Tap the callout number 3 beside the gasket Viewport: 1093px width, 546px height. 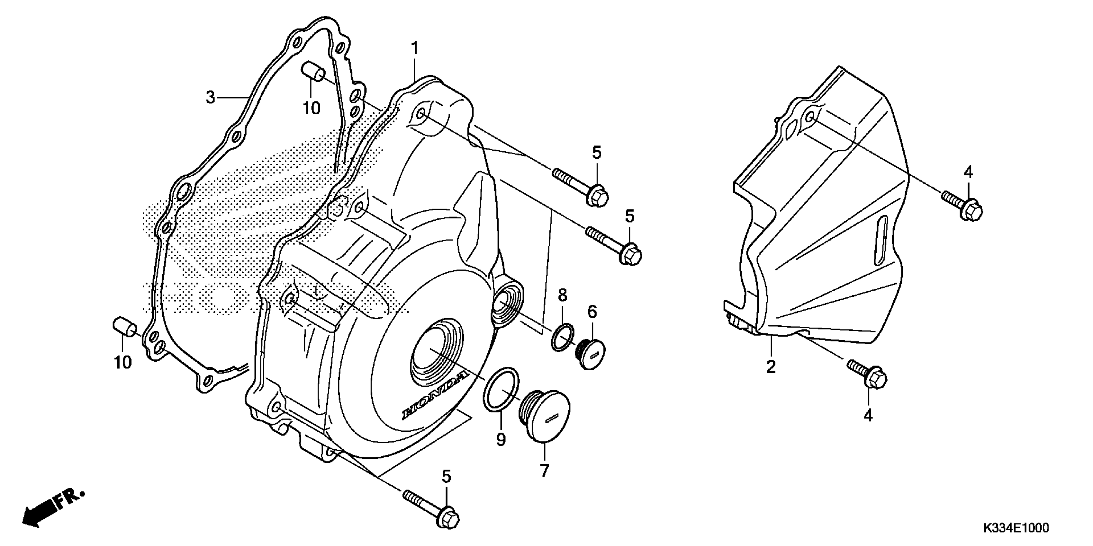pos(211,98)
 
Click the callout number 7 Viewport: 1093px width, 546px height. pos(544,470)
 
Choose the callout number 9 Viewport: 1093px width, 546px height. pos(501,440)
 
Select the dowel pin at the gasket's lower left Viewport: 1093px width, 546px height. pos(124,327)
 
